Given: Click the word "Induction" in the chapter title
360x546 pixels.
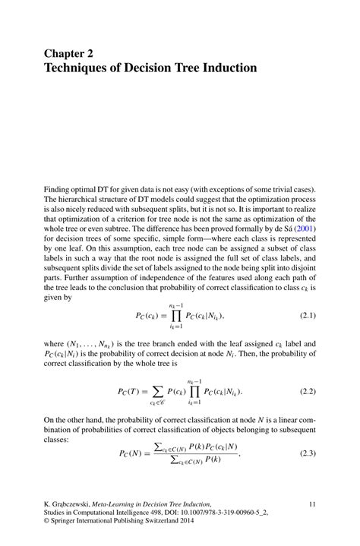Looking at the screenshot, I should tap(226, 68).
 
